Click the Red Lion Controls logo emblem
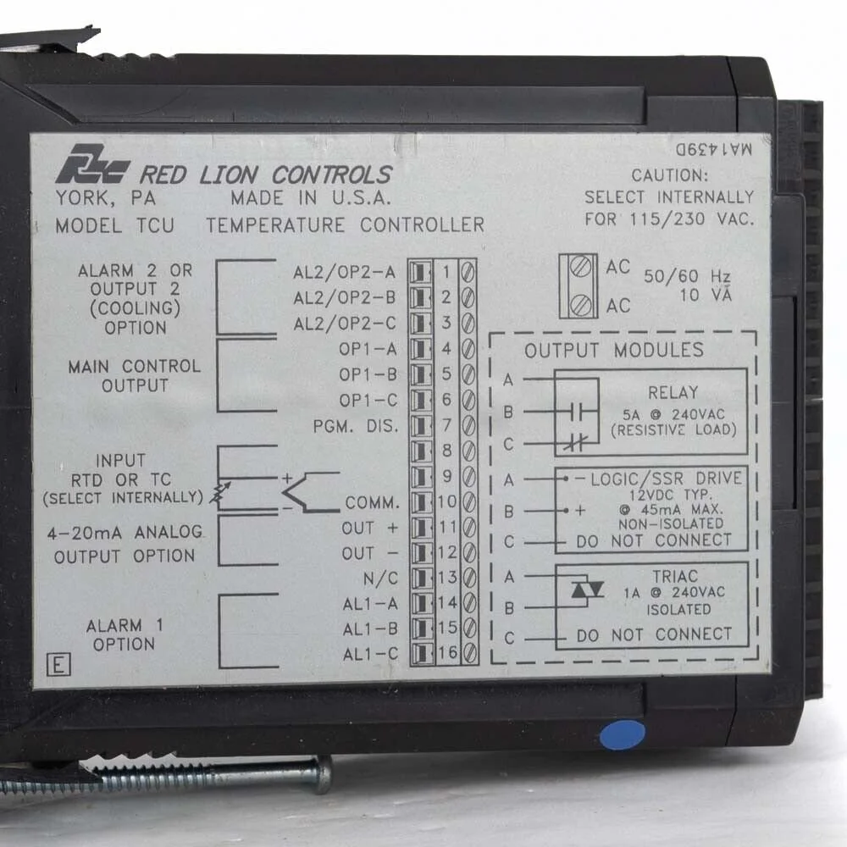92,165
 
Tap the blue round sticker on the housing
622,734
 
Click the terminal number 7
446,425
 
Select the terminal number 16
446,654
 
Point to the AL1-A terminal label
370,604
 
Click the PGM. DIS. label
367,425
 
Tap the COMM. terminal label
372,502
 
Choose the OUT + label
369,528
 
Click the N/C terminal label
379,579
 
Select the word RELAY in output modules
673,392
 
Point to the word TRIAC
675,575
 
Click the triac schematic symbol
586,590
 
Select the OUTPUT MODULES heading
614,350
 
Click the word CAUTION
669,176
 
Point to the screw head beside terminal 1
468,272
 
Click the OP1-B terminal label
368,374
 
